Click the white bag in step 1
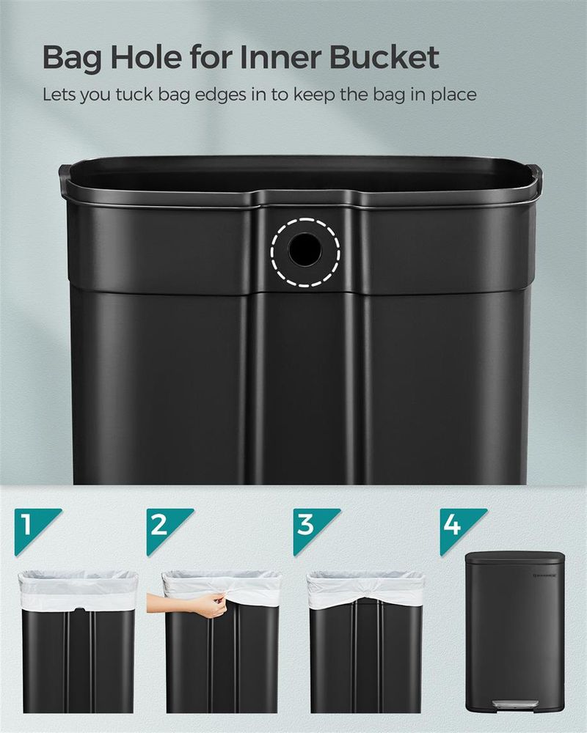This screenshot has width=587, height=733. tap(78, 591)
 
